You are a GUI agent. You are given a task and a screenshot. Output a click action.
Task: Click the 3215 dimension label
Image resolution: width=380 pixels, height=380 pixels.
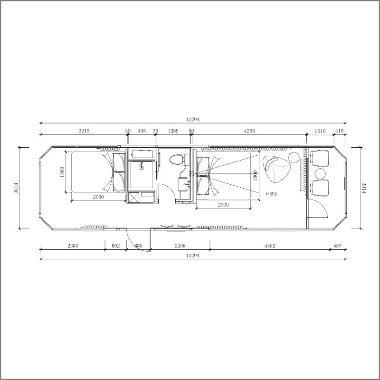84,131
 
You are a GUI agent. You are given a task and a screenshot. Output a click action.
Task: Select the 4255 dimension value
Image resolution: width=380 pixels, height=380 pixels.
249,131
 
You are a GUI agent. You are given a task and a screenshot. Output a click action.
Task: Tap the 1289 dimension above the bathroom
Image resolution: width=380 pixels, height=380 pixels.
173,131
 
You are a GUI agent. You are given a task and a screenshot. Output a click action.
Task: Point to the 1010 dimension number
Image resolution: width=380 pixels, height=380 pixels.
320,131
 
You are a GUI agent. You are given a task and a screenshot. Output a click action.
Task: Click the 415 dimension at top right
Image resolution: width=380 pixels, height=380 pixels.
339,131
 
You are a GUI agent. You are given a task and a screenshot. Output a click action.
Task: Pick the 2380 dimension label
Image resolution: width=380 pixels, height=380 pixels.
73,246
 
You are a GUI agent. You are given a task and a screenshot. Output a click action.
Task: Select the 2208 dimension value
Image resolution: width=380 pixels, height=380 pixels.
180,246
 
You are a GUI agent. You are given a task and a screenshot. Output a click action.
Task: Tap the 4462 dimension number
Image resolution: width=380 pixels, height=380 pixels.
270,246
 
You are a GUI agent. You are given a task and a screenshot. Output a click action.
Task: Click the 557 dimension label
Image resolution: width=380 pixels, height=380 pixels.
337,246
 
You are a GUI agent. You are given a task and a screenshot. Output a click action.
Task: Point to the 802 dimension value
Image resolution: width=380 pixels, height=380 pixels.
115,246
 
